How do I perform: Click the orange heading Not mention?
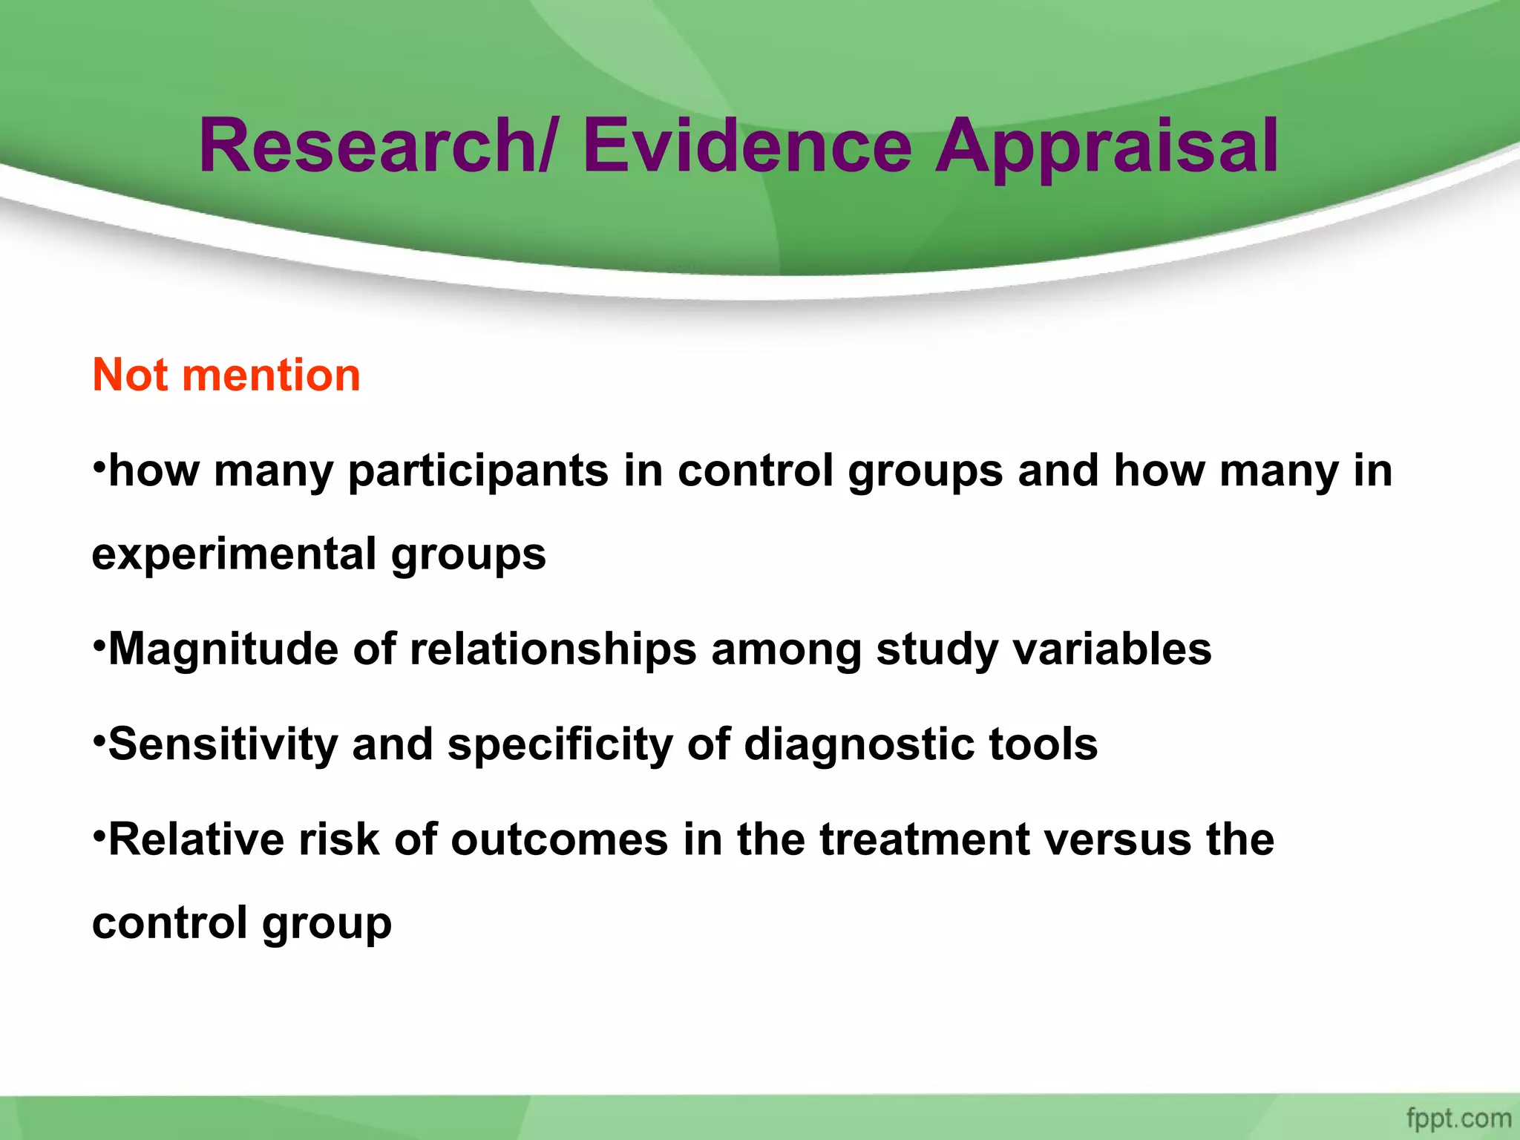[x=226, y=375]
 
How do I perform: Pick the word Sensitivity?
[x=223, y=744]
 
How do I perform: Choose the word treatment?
[x=924, y=840]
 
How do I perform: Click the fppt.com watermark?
[x=1458, y=1118]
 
